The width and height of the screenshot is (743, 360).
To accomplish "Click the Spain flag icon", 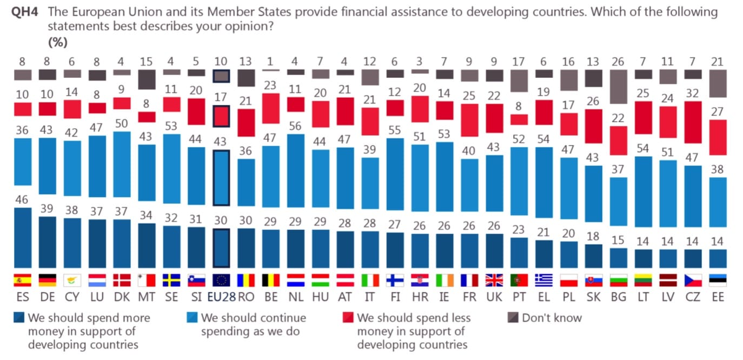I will pyautogui.click(x=22, y=280).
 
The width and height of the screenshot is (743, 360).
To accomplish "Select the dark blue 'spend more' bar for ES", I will pyautogui.click(x=22, y=238).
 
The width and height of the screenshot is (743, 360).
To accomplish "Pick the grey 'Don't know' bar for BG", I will pyautogui.click(x=618, y=86).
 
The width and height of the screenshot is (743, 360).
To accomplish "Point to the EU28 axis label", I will pyautogui.click(x=221, y=297).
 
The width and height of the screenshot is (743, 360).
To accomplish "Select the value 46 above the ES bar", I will pyautogui.click(x=22, y=200).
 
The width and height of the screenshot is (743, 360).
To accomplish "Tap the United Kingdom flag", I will pyautogui.click(x=494, y=280).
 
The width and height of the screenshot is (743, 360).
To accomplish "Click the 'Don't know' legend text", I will pyautogui.click(x=552, y=318).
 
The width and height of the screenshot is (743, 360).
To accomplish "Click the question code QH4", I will pyautogui.click(x=23, y=12).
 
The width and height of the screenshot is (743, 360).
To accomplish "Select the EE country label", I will pyautogui.click(x=718, y=297).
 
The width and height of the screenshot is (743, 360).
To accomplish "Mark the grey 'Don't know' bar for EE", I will pyautogui.click(x=718, y=83).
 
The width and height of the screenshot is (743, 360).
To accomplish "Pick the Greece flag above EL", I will pyautogui.click(x=543, y=280).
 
